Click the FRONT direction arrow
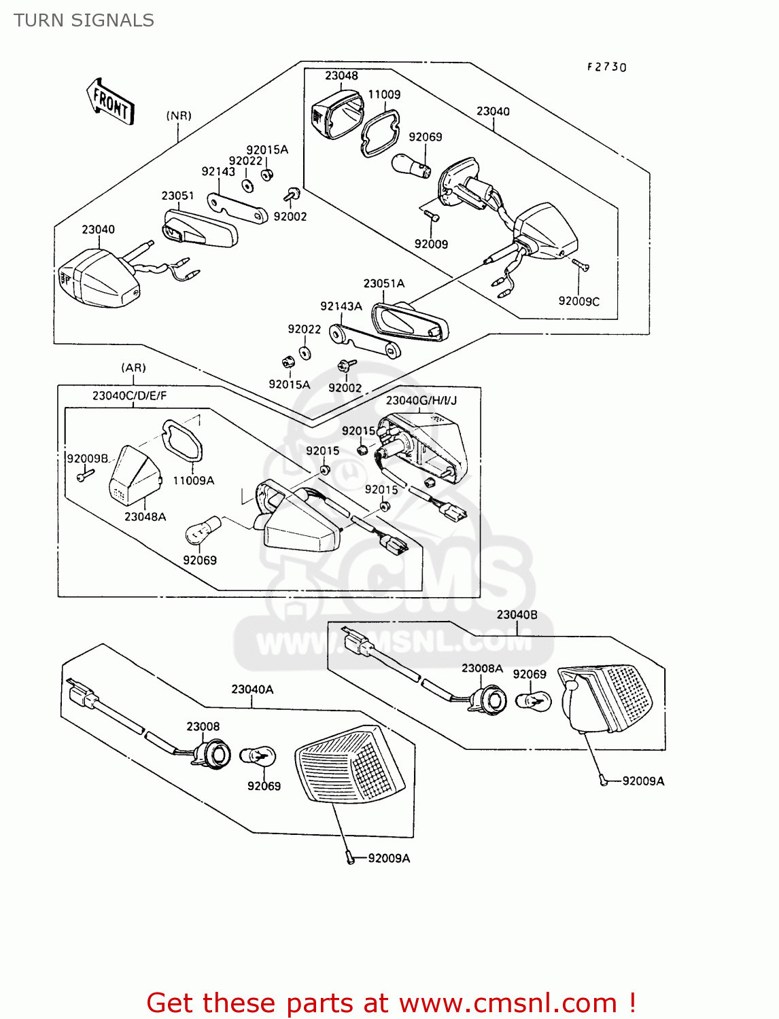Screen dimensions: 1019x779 click(x=110, y=102)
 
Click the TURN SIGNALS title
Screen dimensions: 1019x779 click(x=84, y=20)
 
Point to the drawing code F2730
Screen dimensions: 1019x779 click(x=606, y=67)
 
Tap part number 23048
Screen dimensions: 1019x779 click(x=341, y=75)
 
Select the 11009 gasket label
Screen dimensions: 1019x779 click(x=384, y=94)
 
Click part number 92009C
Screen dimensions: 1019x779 click(x=578, y=301)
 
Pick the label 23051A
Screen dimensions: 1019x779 click(x=383, y=283)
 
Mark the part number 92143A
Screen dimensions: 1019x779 click(x=341, y=306)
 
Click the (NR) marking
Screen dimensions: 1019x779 click(x=179, y=115)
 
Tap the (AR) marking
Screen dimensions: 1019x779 click(x=133, y=368)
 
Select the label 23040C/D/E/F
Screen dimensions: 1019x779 click(x=129, y=395)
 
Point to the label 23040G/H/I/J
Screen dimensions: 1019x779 click(x=421, y=400)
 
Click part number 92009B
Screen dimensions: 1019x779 click(x=87, y=459)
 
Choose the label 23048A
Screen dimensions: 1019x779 click(x=145, y=516)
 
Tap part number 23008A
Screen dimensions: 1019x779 click(x=482, y=668)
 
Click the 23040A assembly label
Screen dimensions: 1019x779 click(x=252, y=689)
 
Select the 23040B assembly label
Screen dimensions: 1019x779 click(x=517, y=614)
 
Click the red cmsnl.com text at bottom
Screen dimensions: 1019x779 click(x=391, y=1003)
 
